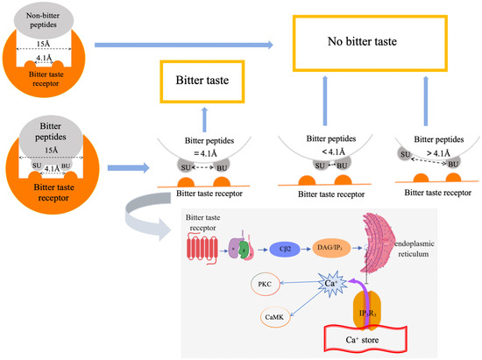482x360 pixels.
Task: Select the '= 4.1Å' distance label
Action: click(201, 150)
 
